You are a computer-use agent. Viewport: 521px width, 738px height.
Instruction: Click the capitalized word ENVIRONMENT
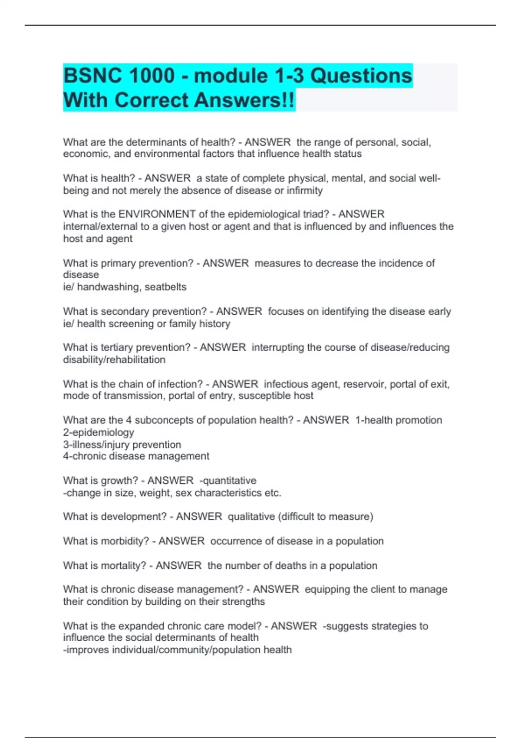pyautogui.click(x=157, y=214)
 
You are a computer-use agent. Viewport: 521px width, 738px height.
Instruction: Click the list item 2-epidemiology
pyautogui.click(x=99, y=432)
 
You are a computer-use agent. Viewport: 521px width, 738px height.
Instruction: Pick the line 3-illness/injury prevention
pyautogui.click(x=122, y=445)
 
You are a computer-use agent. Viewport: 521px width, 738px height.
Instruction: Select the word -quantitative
pyautogui.click(x=228, y=481)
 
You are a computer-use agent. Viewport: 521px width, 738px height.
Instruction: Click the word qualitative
pyautogui.click(x=251, y=517)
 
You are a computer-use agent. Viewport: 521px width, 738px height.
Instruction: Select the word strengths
pyautogui.click(x=243, y=602)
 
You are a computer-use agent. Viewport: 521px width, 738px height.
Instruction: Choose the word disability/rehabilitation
pyautogui.click(x=114, y=360)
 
